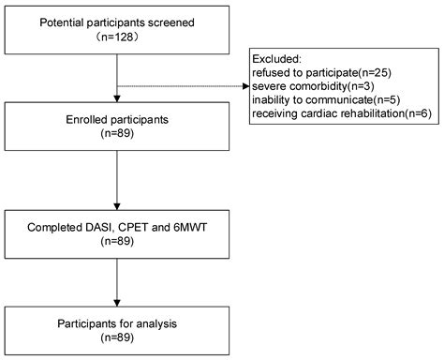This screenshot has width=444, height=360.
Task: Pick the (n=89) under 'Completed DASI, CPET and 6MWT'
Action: [x=116, y=245]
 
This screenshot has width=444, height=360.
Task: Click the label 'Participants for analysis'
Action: [x=116, y=324]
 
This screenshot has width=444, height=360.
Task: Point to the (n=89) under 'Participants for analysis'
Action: [x=116, y=338]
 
